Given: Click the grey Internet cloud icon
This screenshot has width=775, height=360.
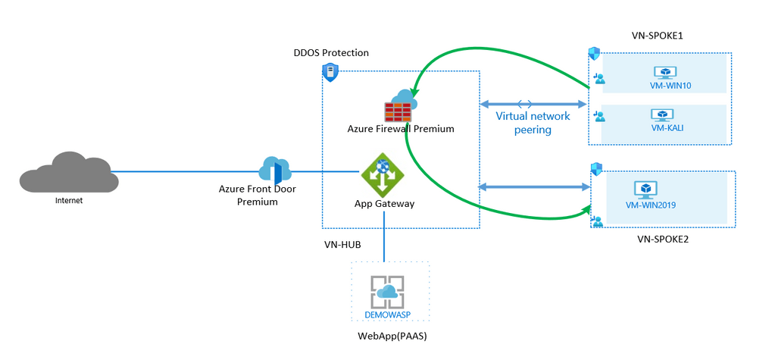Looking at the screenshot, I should coord(69,172).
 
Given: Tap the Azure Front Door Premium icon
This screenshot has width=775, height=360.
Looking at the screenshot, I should coord(274,170).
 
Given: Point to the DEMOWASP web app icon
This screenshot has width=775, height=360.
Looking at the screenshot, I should coord(386,292).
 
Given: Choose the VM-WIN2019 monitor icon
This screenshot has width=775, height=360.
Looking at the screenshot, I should coord(646,189).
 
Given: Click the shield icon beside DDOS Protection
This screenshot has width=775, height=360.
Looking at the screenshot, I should coord(330,72).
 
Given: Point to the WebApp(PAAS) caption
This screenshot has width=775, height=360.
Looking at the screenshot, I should coord(387,335).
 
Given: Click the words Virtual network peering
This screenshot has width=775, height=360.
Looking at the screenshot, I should coord(533,123).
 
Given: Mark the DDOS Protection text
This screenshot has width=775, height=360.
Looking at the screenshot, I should coord(331,53).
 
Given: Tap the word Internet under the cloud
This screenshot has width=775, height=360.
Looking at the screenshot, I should coord(69,201).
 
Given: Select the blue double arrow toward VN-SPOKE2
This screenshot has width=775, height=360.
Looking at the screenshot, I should coord(533,186).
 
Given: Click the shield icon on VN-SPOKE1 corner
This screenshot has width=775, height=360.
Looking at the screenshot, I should coord(595,54).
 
